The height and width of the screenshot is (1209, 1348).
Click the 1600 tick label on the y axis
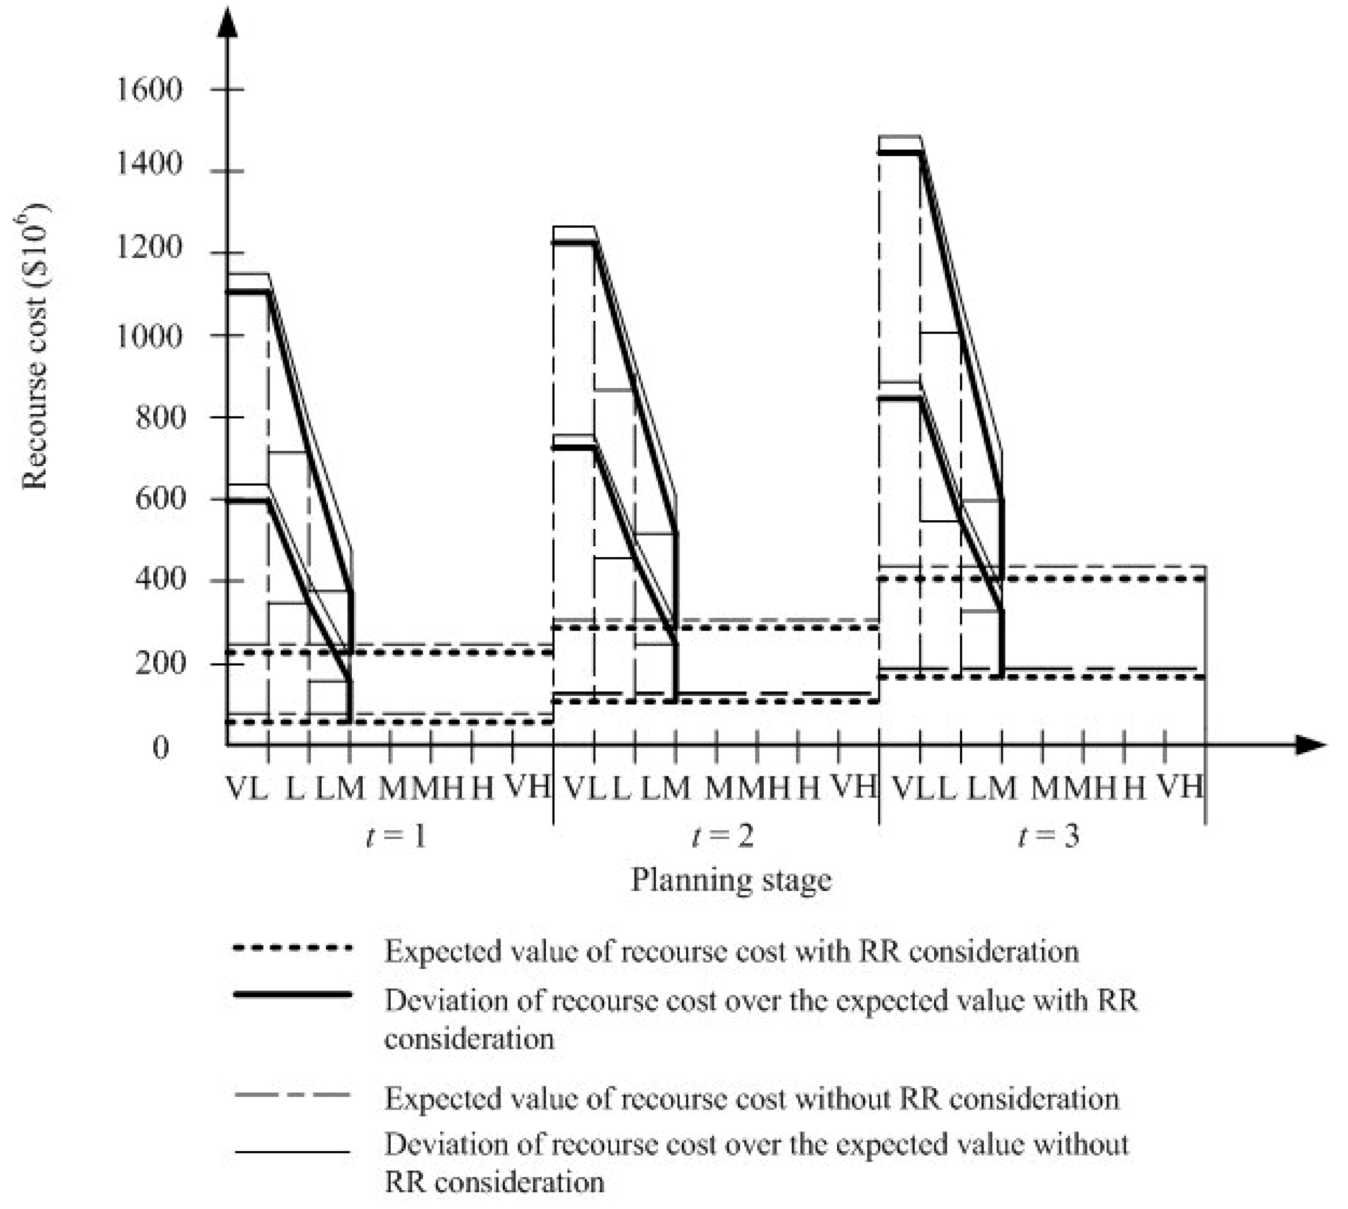point(149,89)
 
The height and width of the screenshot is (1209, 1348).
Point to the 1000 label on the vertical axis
point(149,336)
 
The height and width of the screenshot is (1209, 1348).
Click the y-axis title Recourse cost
point(35,346)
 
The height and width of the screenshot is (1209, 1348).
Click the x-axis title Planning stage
point(731,880)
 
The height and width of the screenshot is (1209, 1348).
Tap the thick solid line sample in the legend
point(292,995)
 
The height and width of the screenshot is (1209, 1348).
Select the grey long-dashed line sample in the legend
point(292,1094)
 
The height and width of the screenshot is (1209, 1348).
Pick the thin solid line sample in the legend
point(292,1152)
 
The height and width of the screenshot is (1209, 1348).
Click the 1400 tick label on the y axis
point(149,164)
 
